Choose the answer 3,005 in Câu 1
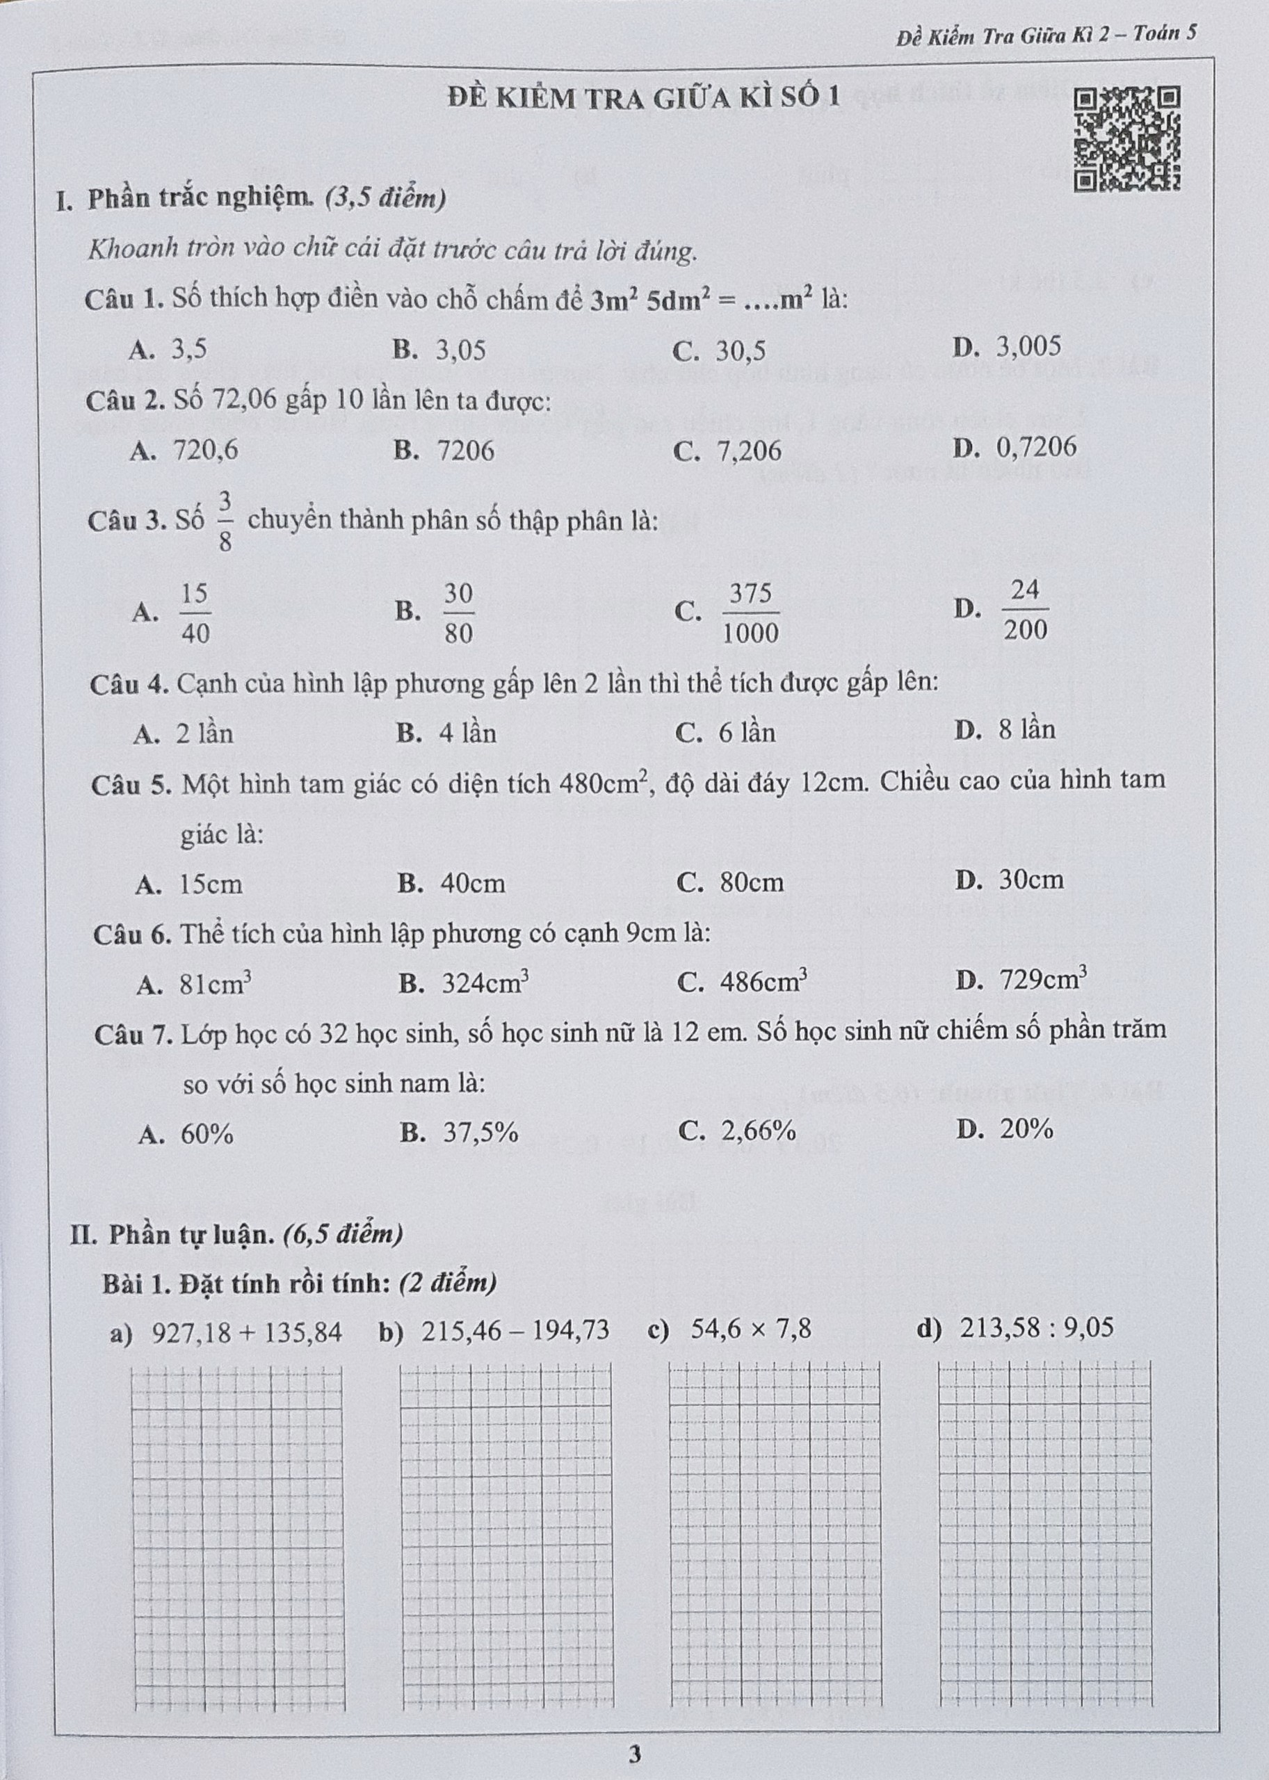tap(1028, 346)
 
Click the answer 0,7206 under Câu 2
tap(1035, 447)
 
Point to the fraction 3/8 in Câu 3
tap(225, 521)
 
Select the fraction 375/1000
tap(750, 613)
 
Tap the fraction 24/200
tap(1024, 610)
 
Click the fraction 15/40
tap(195, 613)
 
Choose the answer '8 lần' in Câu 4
tap(1027, 730)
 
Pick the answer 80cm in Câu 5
tap(751, 882)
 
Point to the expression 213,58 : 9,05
tap(1037, 1327)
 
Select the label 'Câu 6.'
tap(132, 934)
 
